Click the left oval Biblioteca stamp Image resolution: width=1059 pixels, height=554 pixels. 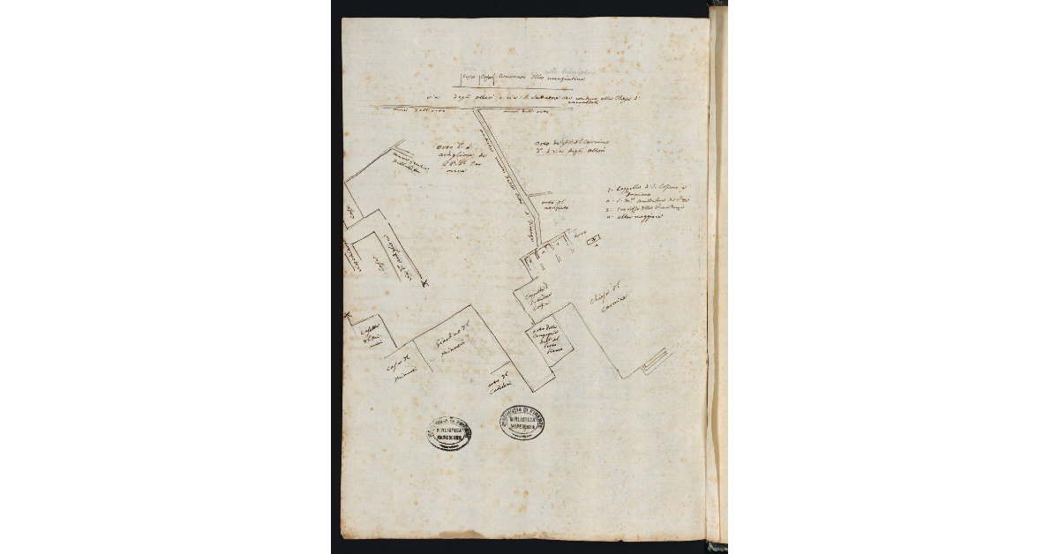449,432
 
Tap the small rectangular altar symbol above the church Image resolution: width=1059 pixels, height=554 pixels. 592,239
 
